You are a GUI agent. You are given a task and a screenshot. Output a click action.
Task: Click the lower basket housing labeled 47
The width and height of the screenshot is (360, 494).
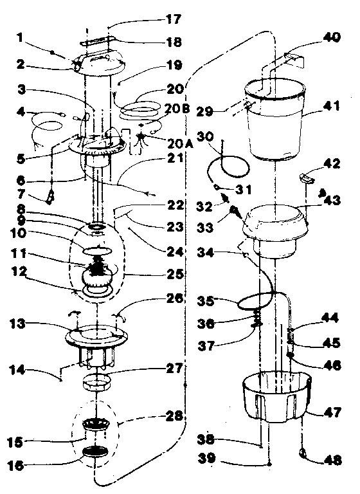pyautogui.click(x=275, y=399)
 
